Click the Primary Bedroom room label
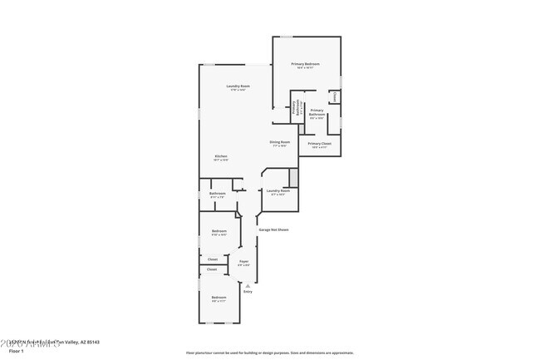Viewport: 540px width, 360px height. pyautogui.click(x=305, y=65)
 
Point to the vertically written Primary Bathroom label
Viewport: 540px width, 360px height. pyautogui.click(x=293, y=107)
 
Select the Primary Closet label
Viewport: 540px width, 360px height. pyautogui.click(x=319, y=145)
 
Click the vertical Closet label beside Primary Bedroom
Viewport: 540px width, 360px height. pyautogui.click(x=335, y=96)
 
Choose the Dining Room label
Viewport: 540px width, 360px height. pyautogui.click(x=279, y=142)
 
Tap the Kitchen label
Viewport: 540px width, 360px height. pyautogui.click(x=221, y=156)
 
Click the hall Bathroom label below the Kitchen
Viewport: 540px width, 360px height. pyautogui.click(x=218, y=195)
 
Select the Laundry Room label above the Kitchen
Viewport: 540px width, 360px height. pyautogui.click(x=238, y=86)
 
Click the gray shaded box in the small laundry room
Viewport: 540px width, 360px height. pyautogui.click(x=292, y=177)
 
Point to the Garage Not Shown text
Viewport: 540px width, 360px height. pyautogui.click(x=273, y=229)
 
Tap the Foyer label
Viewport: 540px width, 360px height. pyautogui.click(x=244, y=262)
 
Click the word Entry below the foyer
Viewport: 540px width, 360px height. pyautogui.click(x=247, y=292)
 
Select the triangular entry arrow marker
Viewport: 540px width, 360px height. pyautogui.click(x=247, y=285)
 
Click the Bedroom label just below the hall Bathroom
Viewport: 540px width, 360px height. pyautogui.click(x=218, y=231)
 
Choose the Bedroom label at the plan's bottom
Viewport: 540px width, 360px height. pyautogui.click(x=218, y=298)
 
